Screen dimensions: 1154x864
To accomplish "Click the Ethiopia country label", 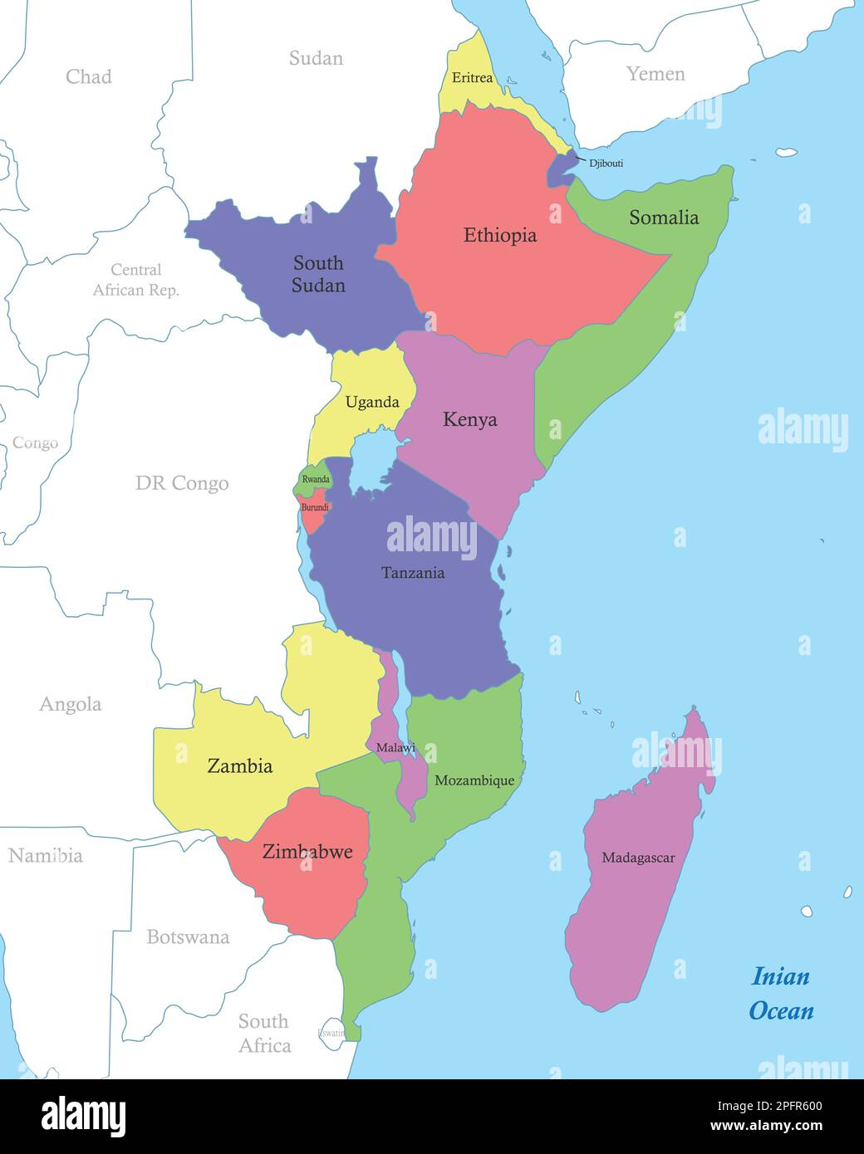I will (x=500, y=236).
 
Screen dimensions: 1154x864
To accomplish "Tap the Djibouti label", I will (x=606, y=164).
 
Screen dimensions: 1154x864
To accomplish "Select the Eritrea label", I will (x=472, y=78).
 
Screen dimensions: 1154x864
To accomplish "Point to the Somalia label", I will (x=663, y=218).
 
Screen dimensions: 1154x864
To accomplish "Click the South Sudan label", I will (x=318, y=274).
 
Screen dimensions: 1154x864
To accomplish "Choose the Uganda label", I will (x=372, y=403).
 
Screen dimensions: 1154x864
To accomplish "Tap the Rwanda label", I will (x=316, y=480).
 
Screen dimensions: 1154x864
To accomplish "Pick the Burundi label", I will (x=315, y=506).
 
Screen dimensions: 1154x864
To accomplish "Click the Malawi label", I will (x=395, y=748).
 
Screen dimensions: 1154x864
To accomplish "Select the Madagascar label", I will (x=638, y=858).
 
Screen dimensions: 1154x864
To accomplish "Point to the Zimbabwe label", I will (x=307, y=851).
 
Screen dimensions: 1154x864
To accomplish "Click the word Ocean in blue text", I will (x=781, y=1010).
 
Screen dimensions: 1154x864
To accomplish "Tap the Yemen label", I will (x=655, y=74).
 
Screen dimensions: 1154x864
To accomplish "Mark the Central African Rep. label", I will (x=136, y=280).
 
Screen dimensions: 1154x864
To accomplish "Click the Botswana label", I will (x=188, y=937).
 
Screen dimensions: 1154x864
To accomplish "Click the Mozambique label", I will (x=474, y=780).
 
